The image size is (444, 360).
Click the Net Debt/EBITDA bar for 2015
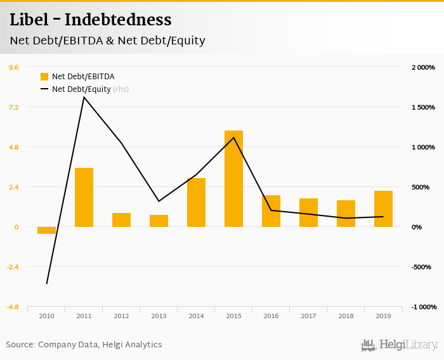(x=233, y=179)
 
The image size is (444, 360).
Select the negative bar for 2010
(x=46, y=230)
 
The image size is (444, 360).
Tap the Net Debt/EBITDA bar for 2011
(x=84, y=197)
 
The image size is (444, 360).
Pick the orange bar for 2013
(x=159, y=221)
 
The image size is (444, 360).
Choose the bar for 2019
(x=383, y=209)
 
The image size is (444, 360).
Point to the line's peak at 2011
(x=84, y=97)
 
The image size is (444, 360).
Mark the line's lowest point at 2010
(x=46, y=283)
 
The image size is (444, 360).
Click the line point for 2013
(x=159, y=201)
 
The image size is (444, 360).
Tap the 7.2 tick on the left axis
(x=13, y=107)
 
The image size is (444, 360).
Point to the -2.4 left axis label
(x=13, y=267)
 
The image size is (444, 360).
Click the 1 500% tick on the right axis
(x=422, y=107)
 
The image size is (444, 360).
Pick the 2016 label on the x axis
(x=271, y=316)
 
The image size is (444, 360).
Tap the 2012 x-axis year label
(x=121, y=316)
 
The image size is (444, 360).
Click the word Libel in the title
(x=27, y=20)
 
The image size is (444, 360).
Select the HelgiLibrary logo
(x=399, y=345)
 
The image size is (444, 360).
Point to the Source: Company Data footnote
(x=84, y=345)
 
